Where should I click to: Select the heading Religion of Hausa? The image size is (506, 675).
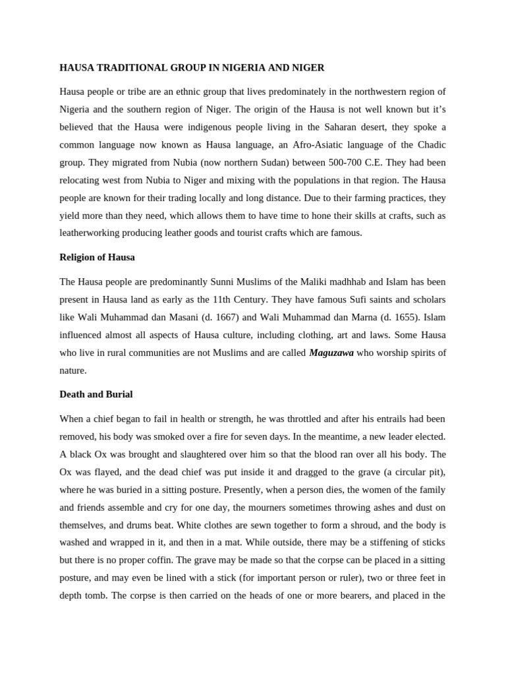click(97, 257)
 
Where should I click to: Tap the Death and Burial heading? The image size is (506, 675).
click(96, 394)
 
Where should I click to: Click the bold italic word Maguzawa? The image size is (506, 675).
click(331, 353)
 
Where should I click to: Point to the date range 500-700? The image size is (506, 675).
click(331, 162)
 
